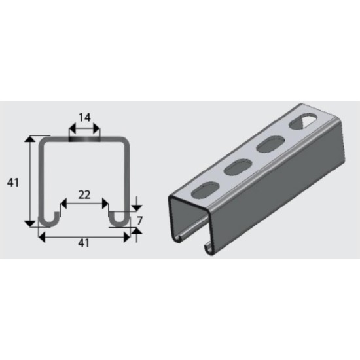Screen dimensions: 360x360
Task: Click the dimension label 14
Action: [84, 118]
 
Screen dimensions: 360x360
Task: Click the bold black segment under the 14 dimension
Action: [85, 138]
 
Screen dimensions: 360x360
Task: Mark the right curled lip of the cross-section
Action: [118, 218]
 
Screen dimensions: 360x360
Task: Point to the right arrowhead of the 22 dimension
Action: [105, 202]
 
